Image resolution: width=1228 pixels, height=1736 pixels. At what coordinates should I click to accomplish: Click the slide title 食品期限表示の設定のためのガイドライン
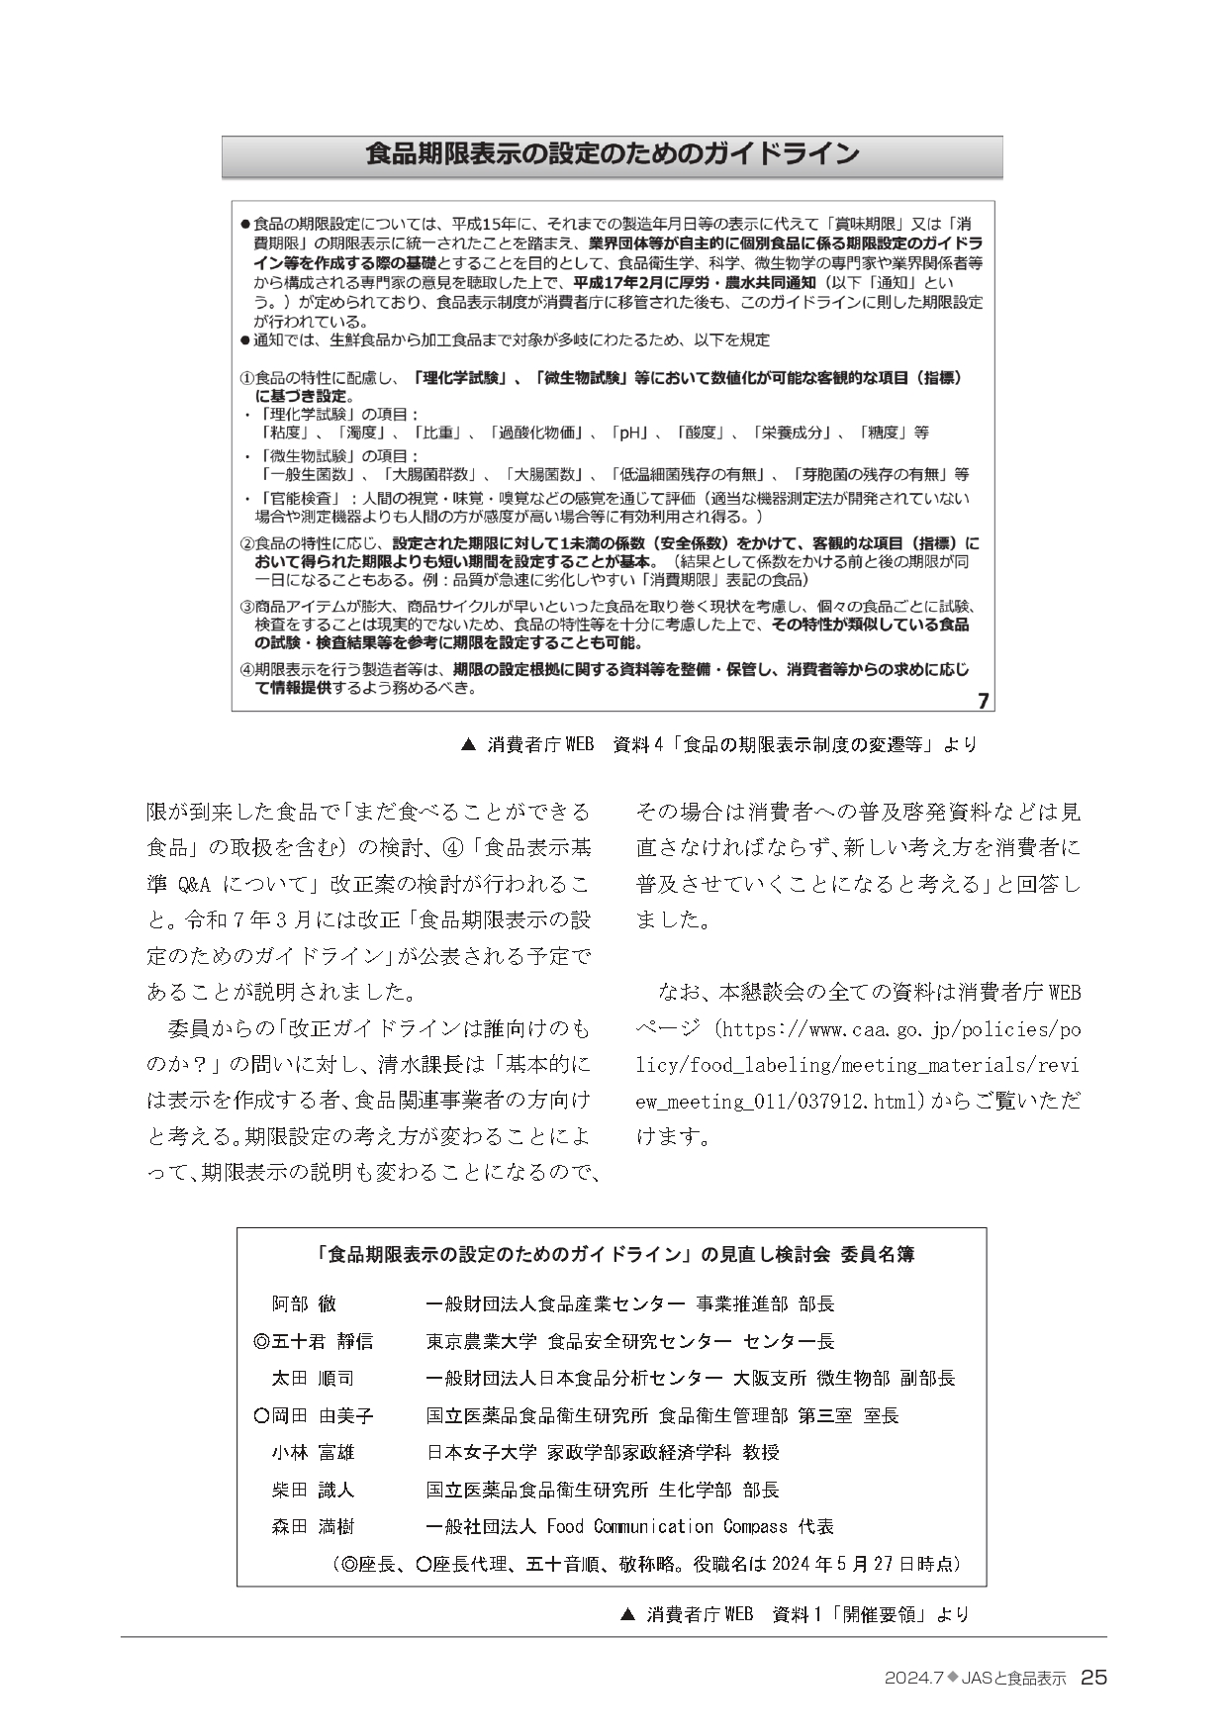click(612, 154)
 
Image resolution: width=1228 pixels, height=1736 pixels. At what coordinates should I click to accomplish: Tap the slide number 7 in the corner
click(983, 701)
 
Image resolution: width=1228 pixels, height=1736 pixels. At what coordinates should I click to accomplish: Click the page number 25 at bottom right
click(1093, 1677)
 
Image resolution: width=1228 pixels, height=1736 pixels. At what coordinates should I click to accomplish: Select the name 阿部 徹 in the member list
click(304, 1303)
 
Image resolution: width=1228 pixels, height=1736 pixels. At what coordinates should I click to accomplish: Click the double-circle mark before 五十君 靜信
click(261, 1341)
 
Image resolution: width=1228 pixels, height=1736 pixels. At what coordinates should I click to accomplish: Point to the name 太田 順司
click(312, 1378)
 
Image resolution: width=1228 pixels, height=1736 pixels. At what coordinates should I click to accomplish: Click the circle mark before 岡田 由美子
click(261, 1415)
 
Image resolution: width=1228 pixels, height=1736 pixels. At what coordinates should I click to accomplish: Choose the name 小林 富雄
click(312, 1452)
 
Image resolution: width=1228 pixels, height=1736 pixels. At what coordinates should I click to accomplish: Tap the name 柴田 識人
click(312, 1490)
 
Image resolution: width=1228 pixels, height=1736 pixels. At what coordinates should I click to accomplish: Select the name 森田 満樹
click(312, 1526)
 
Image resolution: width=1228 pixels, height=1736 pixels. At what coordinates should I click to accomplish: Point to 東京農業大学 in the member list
click(481, 1341)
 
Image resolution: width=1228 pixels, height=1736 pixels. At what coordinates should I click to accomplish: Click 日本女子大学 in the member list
click(481, 1452)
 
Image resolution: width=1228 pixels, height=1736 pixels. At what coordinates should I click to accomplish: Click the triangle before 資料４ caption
click(469, 743)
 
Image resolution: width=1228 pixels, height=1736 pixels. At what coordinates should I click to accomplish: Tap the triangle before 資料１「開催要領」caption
click(626, 1614)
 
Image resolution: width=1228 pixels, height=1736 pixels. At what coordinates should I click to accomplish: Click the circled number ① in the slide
click(247, 378)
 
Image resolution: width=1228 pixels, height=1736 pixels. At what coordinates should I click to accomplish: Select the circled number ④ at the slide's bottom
click(247, 670)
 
